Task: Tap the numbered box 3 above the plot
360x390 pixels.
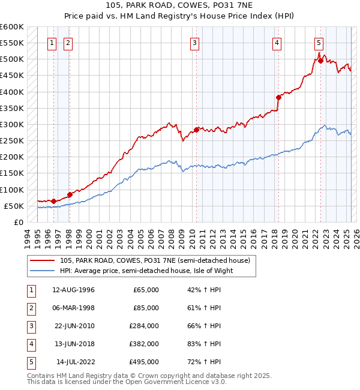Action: [x=195, y=43]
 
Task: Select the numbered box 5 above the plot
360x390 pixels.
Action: [x=318, y=43]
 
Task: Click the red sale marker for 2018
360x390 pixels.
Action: [x=278, y=97]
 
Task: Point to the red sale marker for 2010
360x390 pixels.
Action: [x=196, y=130]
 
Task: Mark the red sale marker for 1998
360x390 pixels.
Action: [x=70, y=194]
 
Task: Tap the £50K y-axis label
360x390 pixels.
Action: [x=14, y=206]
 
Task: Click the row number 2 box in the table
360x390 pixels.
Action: [x=30, y=308]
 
